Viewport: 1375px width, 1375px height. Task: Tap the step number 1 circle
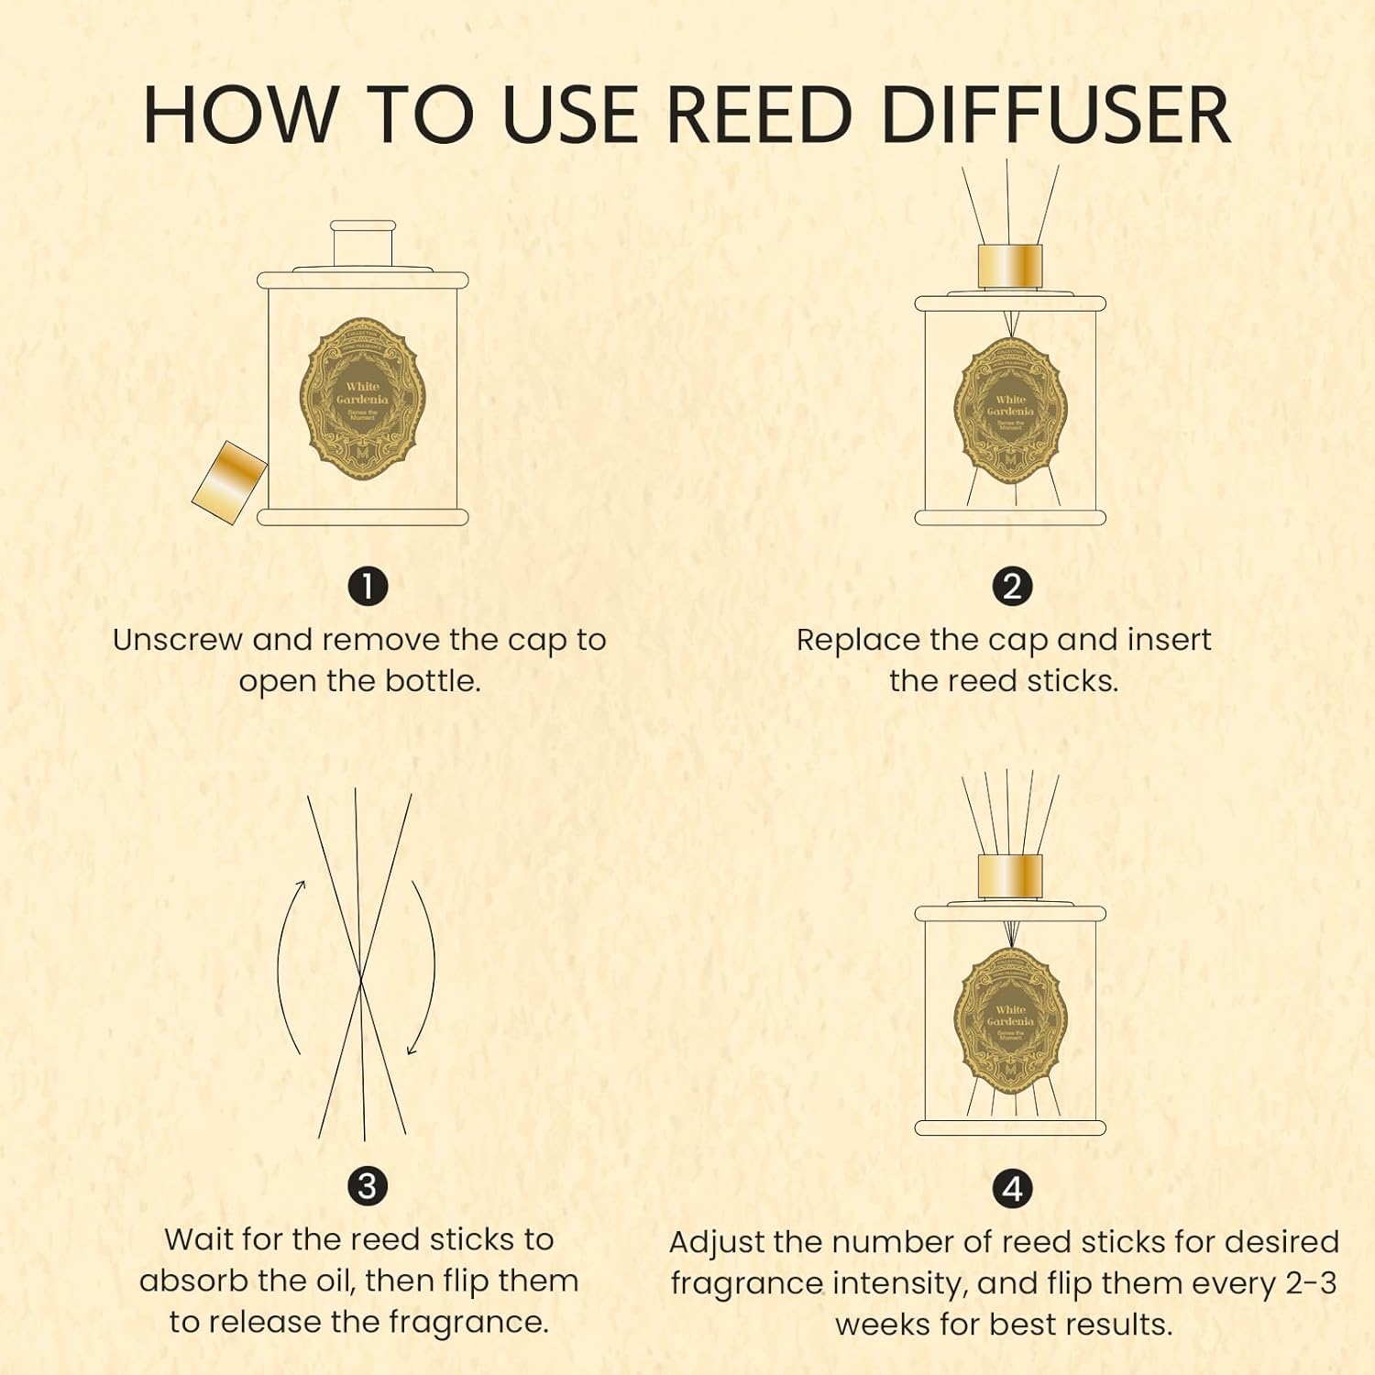(x=368, y=587)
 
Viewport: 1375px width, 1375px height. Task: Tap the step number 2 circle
(x=1012, y=587)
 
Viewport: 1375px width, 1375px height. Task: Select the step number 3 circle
(x=368, y=1186)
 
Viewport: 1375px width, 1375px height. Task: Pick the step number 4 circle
(x=1012, y=1189)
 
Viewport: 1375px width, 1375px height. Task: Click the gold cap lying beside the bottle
(x=229, y=481)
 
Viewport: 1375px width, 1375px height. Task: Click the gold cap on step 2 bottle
(x=1010, y=266)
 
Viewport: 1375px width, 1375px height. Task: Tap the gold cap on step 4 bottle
(x=1010, y=877)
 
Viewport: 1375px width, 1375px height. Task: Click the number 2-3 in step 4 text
(x=1311, y=1282)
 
